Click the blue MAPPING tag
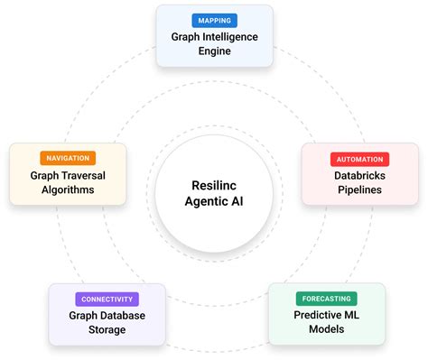click(x=213, y=19)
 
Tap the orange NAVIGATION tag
click(x=68, y=158)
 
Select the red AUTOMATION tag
click(x=359, y=159)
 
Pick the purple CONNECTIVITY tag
click(x=107, y=299)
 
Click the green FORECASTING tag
click(x=326, y=298)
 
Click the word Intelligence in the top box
click(x=229, y=37)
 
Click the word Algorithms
click(x=68, y=190)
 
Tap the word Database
click(x=122, y=316)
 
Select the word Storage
click(x=107, y=331)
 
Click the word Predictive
click(x=317, y=316)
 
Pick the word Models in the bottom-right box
click(x=326, y=331)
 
